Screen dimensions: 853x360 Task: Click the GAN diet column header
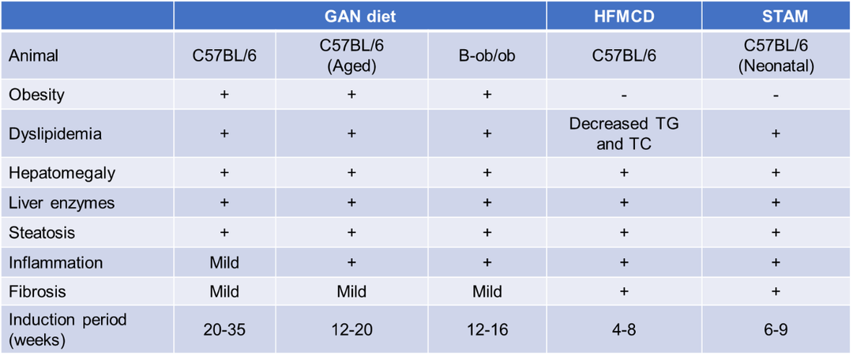point(359,16)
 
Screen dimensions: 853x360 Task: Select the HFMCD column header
point(623,16)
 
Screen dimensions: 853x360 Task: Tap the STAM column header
point(776,16)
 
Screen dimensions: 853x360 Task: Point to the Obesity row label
point(36,95)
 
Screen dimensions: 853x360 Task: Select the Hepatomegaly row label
point(55,174)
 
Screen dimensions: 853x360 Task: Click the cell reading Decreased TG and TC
point(624,133)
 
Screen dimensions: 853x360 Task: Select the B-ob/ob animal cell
point(487,54)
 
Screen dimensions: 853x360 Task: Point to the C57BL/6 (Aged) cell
point(351,54)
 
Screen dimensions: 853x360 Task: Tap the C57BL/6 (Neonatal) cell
point(776,54)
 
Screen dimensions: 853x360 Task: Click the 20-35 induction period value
point(224,330)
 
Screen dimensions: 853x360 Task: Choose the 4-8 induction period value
point(624,330)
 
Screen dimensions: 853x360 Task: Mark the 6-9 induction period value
point(776,330)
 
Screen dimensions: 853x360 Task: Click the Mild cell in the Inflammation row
point(224,262)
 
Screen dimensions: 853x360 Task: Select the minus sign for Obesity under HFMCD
point(624,96)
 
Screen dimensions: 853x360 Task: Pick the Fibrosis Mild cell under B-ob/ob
point(487,291)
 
